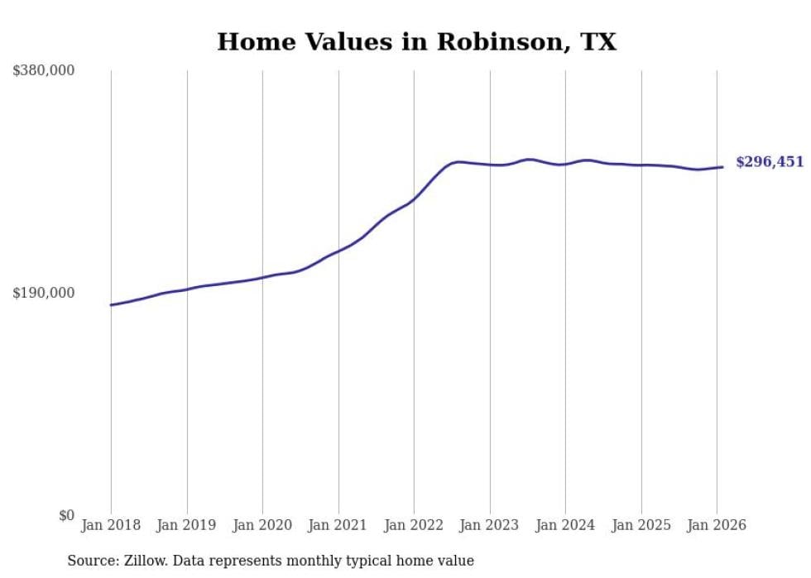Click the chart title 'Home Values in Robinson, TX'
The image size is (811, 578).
click(x=416, y=42)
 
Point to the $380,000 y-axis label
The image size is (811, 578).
click(x=43, y=71)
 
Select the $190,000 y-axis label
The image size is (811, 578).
click(x=43, y=293)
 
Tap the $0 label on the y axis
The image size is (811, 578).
click(x=66, y=515)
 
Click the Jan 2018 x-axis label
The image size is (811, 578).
click(x=111, y=525)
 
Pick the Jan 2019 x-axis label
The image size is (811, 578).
click(x=187, y=525)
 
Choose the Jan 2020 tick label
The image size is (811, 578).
click(x=262, y=525)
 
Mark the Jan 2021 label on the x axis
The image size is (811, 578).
click(x=338, y=525)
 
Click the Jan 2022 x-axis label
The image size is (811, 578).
click(x=414, y=525)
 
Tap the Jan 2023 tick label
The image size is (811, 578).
click(x=490, y=525)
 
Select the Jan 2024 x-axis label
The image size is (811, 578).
click(x=565, y=525)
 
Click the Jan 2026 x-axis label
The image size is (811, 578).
click(x=717, y=525)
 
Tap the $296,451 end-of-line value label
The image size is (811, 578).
click(x=770, y=162)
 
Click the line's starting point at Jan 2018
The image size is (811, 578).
click(x=111, y=305)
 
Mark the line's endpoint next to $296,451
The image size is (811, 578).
click(x=723, y=167)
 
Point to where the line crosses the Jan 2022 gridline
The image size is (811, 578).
click(x=414, y=198)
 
